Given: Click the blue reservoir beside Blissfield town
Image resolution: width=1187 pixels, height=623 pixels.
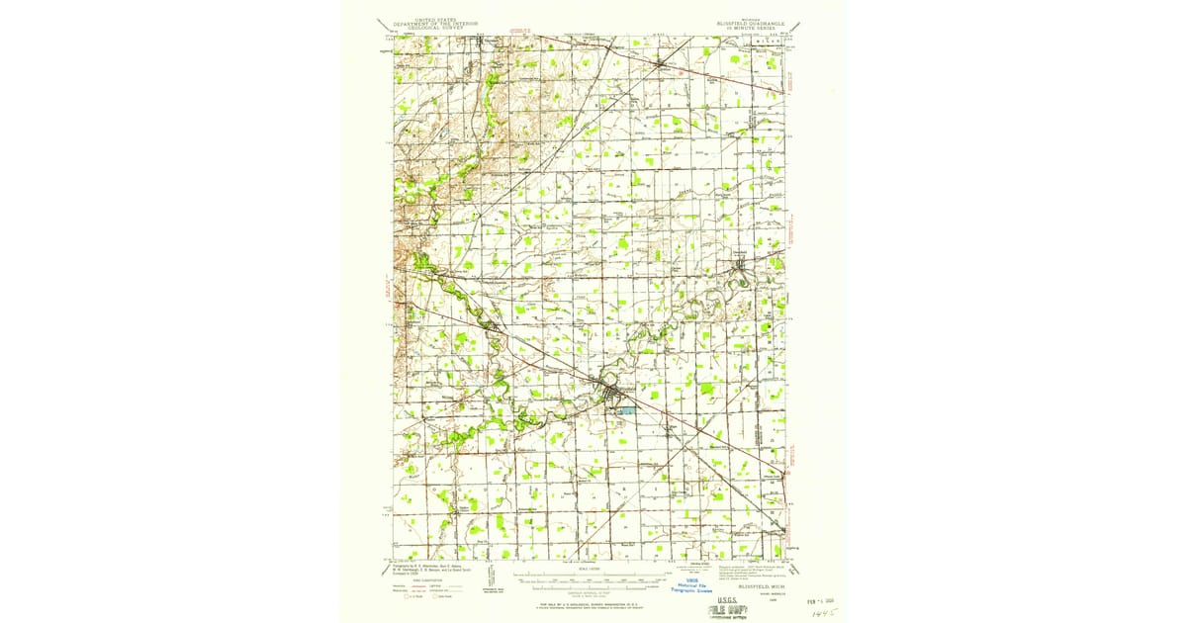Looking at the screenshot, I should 623,408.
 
